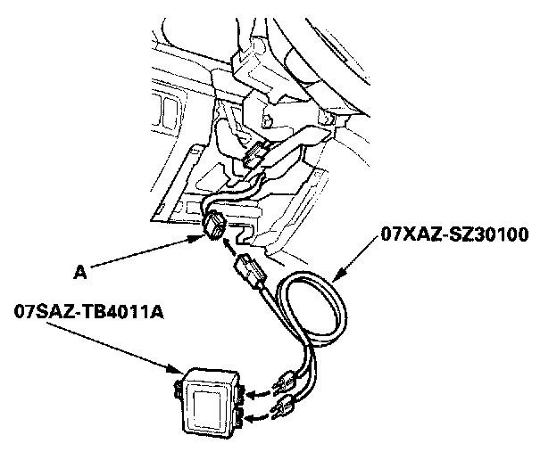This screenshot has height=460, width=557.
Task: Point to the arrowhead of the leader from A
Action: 198,237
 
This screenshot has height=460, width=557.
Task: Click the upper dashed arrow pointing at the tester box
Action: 254,393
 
